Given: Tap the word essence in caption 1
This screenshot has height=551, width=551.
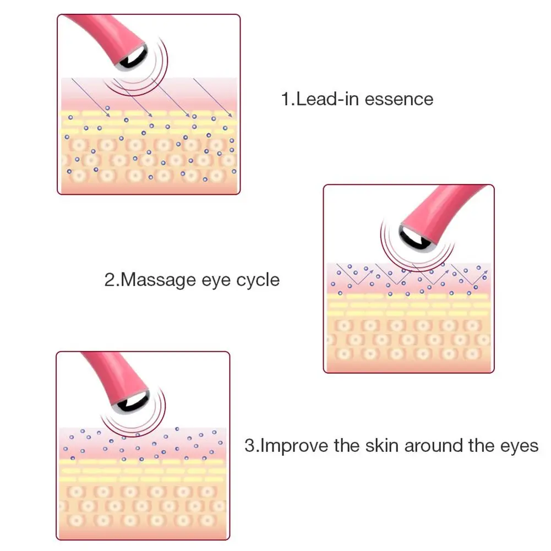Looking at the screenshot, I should pyautogui.click(x=399, y=99).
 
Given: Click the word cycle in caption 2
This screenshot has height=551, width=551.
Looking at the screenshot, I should pyautogui.click(x=258, y=280).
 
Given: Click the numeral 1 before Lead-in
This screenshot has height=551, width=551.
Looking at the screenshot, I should pyautogui.click(x=285, y=99).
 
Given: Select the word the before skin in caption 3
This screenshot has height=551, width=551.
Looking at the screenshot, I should pyautogui.click(x=347, y=445).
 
